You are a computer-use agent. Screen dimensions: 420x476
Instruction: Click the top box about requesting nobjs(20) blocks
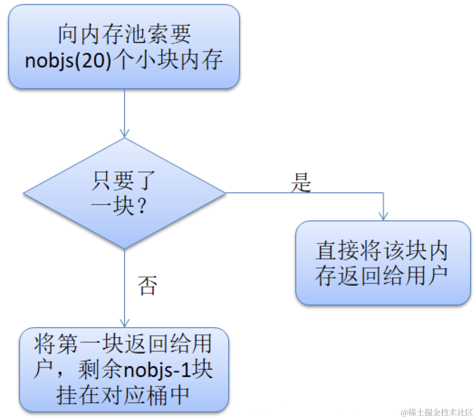click(124, 47)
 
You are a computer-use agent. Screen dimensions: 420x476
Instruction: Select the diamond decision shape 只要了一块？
click(125, 193)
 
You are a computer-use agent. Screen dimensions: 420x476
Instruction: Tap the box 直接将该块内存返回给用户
click(383, 262)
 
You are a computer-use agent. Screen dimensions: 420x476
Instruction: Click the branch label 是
click(301, 182)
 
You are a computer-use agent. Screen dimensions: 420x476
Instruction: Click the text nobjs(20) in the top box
click(66, 61)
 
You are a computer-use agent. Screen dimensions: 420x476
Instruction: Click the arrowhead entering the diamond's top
click(125, 134)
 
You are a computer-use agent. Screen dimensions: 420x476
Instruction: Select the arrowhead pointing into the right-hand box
click(383, 216)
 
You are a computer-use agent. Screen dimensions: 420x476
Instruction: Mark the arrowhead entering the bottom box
click(125, 323)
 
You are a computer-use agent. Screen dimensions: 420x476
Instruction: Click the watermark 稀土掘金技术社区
click(437, 412)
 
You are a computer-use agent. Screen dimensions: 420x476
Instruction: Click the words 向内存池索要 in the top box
click(124, 34)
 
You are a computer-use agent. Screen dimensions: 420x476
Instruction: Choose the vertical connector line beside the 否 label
click(125, 285)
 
